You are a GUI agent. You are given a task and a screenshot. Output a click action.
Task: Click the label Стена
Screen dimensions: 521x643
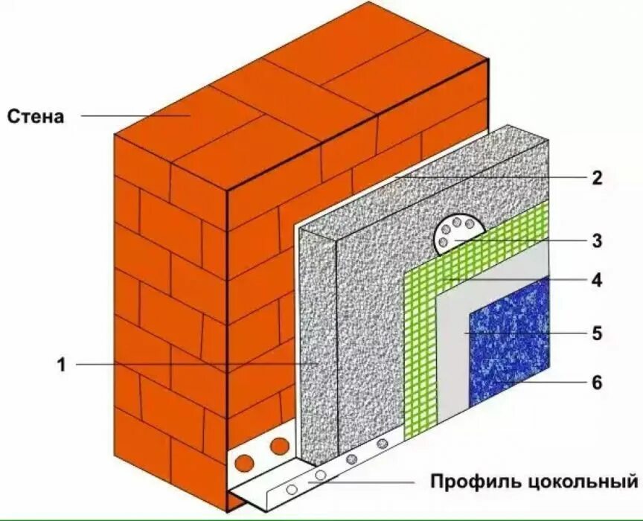pos(36,116)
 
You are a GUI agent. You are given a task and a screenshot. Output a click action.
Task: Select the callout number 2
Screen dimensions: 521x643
pos(596,178)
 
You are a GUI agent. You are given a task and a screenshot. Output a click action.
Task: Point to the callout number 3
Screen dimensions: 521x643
pos(596,240)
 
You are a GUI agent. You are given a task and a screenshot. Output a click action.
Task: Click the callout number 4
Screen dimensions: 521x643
pos(596,281)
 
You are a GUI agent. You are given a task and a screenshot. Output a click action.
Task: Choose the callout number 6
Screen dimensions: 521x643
pos(596,383)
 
